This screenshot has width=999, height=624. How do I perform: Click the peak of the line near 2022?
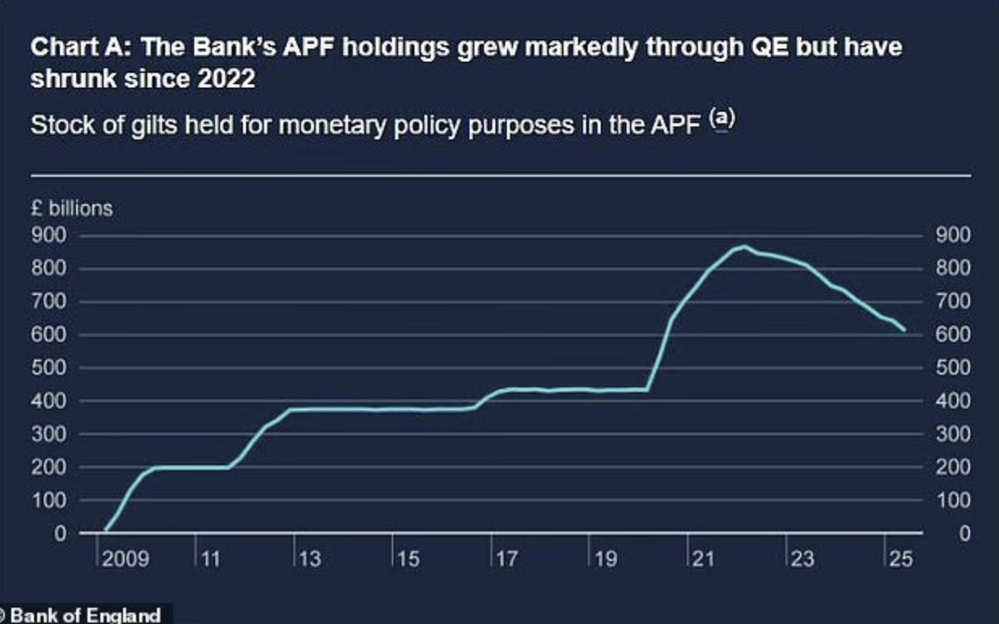744,246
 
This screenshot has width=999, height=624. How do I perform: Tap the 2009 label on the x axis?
125,559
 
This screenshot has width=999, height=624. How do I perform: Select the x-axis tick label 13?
308,559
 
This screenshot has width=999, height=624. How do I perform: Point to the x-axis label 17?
506,559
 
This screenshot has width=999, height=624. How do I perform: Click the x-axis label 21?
702,559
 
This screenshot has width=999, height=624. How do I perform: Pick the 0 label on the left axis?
60,533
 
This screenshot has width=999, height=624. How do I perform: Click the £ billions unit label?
71,208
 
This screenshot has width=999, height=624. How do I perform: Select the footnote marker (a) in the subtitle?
723,119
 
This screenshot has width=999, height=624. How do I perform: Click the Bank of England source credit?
84,614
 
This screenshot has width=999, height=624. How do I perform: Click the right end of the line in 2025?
904,331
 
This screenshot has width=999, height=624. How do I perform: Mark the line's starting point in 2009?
105,531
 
